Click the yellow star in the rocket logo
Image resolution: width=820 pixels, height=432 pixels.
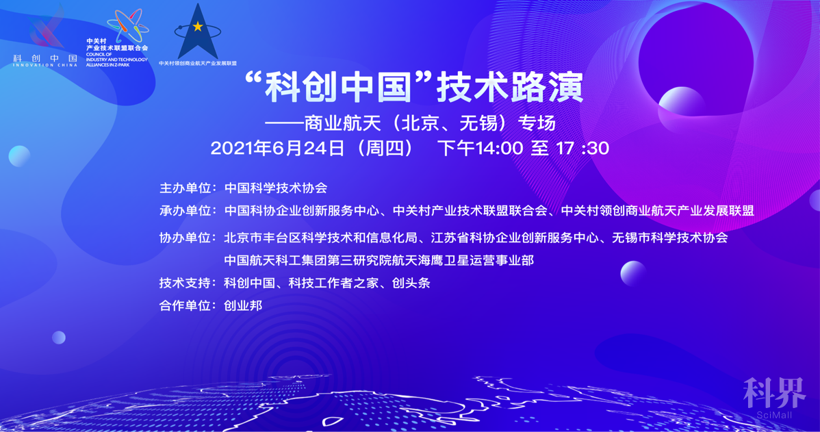[198, 26]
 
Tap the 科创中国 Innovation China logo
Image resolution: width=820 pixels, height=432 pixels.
[45, 36]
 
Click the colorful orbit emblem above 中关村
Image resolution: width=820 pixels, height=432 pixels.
[127, 25]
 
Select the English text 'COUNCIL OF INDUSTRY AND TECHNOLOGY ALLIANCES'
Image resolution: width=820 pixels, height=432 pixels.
[116, 60]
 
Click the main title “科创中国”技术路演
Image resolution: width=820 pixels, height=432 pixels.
[413, 87]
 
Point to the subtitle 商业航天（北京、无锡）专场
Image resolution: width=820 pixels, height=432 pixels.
[430, 124]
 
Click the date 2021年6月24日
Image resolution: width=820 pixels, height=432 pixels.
[277, 149]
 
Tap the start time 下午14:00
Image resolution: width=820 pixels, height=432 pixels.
[480, 149]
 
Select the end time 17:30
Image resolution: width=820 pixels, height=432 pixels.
[582, 149]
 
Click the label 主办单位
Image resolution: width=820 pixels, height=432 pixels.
[185, 188]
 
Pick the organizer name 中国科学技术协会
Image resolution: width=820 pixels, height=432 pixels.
[276, 188]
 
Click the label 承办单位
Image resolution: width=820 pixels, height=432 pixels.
[185, 211]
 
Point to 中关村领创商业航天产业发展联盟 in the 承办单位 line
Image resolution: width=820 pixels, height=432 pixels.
[657, 211]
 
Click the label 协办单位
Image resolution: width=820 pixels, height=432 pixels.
[185, 238]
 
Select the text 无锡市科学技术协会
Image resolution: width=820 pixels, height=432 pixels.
[670, 238]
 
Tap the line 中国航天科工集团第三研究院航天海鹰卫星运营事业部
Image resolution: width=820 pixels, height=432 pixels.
[379, 260]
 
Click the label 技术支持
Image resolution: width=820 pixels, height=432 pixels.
[185, 283]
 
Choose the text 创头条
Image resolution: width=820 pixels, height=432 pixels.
[411, 283]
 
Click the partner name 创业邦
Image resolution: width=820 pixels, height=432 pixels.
[243, 306]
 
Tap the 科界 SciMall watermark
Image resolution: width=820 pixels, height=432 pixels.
[775, 398]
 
